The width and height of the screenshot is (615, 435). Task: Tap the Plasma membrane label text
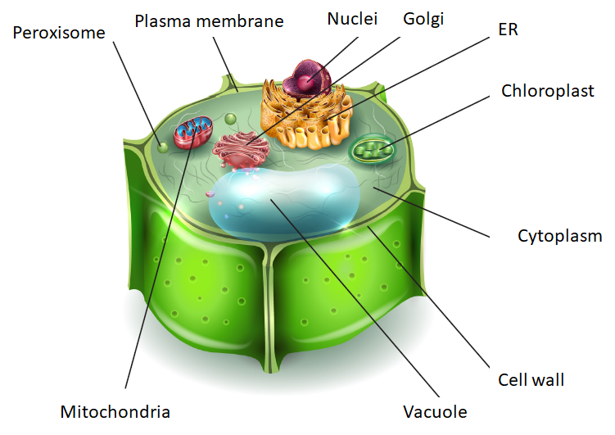click(209, 21)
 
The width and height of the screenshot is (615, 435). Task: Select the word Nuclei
click(352, 18)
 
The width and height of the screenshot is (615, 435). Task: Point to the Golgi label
click(423, 18)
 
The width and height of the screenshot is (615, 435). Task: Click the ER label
click(508, 30)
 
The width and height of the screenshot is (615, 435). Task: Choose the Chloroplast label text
click(548, 91)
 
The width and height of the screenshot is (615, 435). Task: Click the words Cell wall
click(531, 380)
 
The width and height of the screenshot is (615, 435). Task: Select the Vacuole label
click(434, 410)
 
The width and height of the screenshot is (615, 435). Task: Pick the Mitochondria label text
click(115, 410)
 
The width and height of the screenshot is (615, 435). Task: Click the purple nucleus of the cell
click(307, 83)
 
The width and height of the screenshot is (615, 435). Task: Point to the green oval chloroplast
click(373, 150)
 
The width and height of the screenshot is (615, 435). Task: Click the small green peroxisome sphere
click(163, 147)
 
